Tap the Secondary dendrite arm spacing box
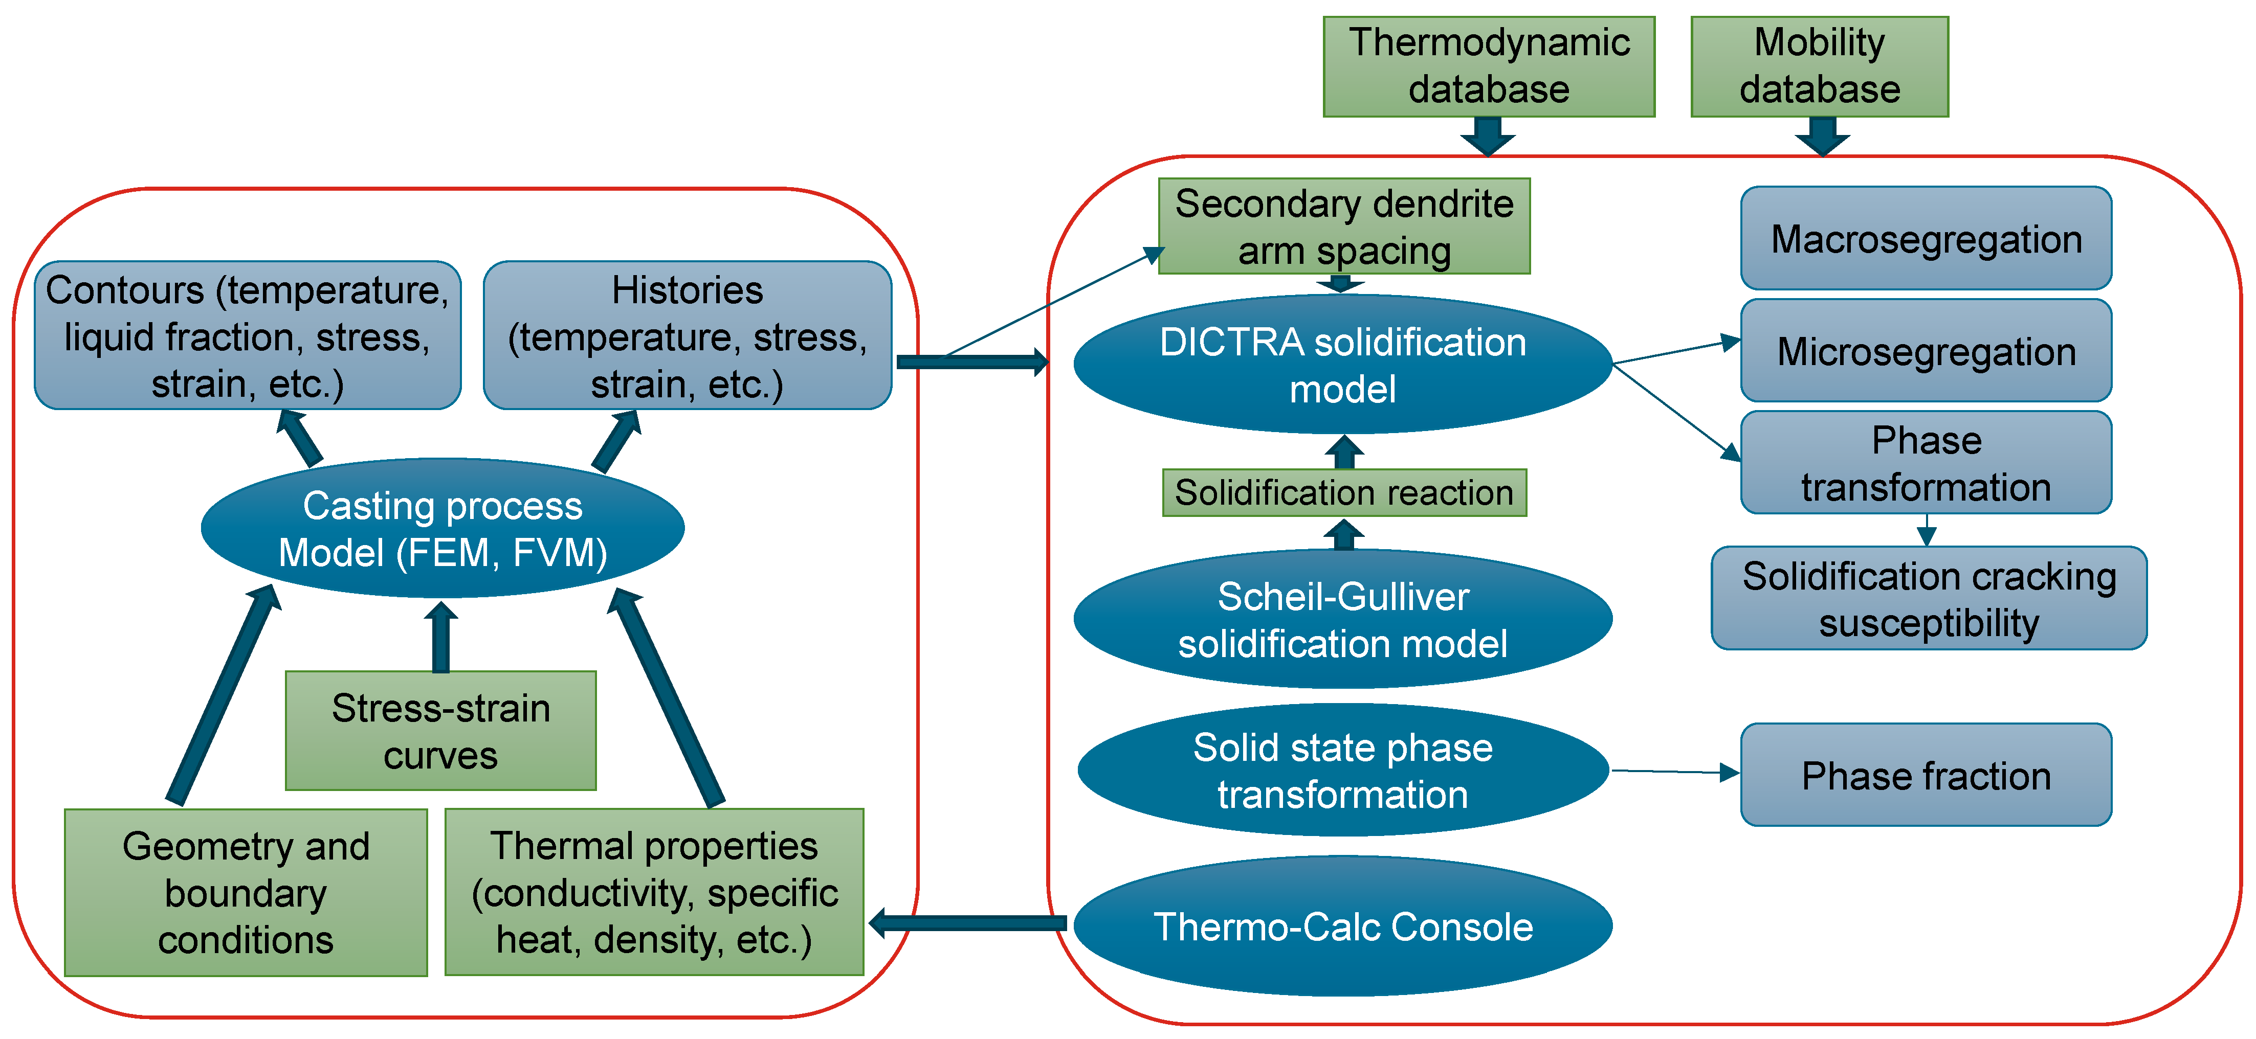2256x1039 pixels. (x=1344, y=227)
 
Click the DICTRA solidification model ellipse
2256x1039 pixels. (x=1342, y=364)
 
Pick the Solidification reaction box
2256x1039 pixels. (x=1344, y=493)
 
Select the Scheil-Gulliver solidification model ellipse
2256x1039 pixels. (x=1342, y=619)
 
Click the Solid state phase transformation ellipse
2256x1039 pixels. (x=1342, y=770)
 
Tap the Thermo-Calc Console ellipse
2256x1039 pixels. (x=1342, y=926)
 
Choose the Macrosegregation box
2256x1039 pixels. (x=1926, y=238)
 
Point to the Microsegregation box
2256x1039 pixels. (x=1926, y=350)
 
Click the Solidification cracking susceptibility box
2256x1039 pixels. (x=1929, y=599)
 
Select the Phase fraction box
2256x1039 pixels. (x=1926, y=775)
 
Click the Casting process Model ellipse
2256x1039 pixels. (x=443, y=528)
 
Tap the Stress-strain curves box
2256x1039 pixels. (x=440, y=731)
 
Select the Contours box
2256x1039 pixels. (x=248, y=335)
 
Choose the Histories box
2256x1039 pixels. (x=688, y=335)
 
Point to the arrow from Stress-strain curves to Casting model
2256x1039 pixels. (x=440, y=637)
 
